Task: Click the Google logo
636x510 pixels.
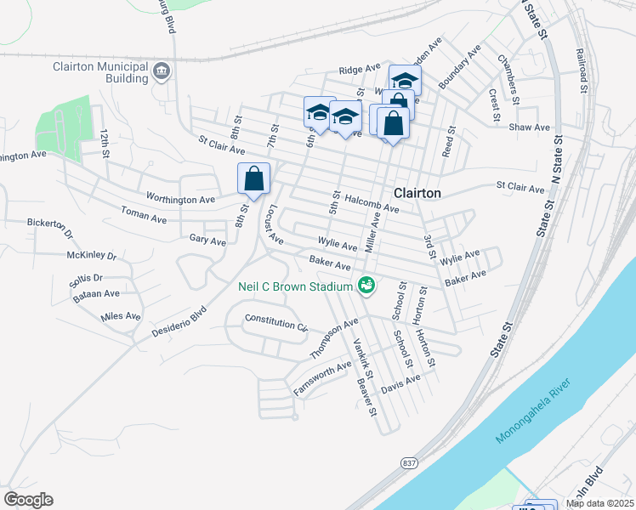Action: point(28,500)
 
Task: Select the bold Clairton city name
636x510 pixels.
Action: point(417,193)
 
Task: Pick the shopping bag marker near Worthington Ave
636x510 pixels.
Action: point(253,179)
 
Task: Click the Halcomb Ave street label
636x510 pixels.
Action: point(371,204)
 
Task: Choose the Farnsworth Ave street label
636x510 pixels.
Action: point(322,378)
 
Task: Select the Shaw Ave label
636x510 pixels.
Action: point(529,127)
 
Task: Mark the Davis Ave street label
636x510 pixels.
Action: point(400,384)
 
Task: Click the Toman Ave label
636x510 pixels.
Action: point(143,215)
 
